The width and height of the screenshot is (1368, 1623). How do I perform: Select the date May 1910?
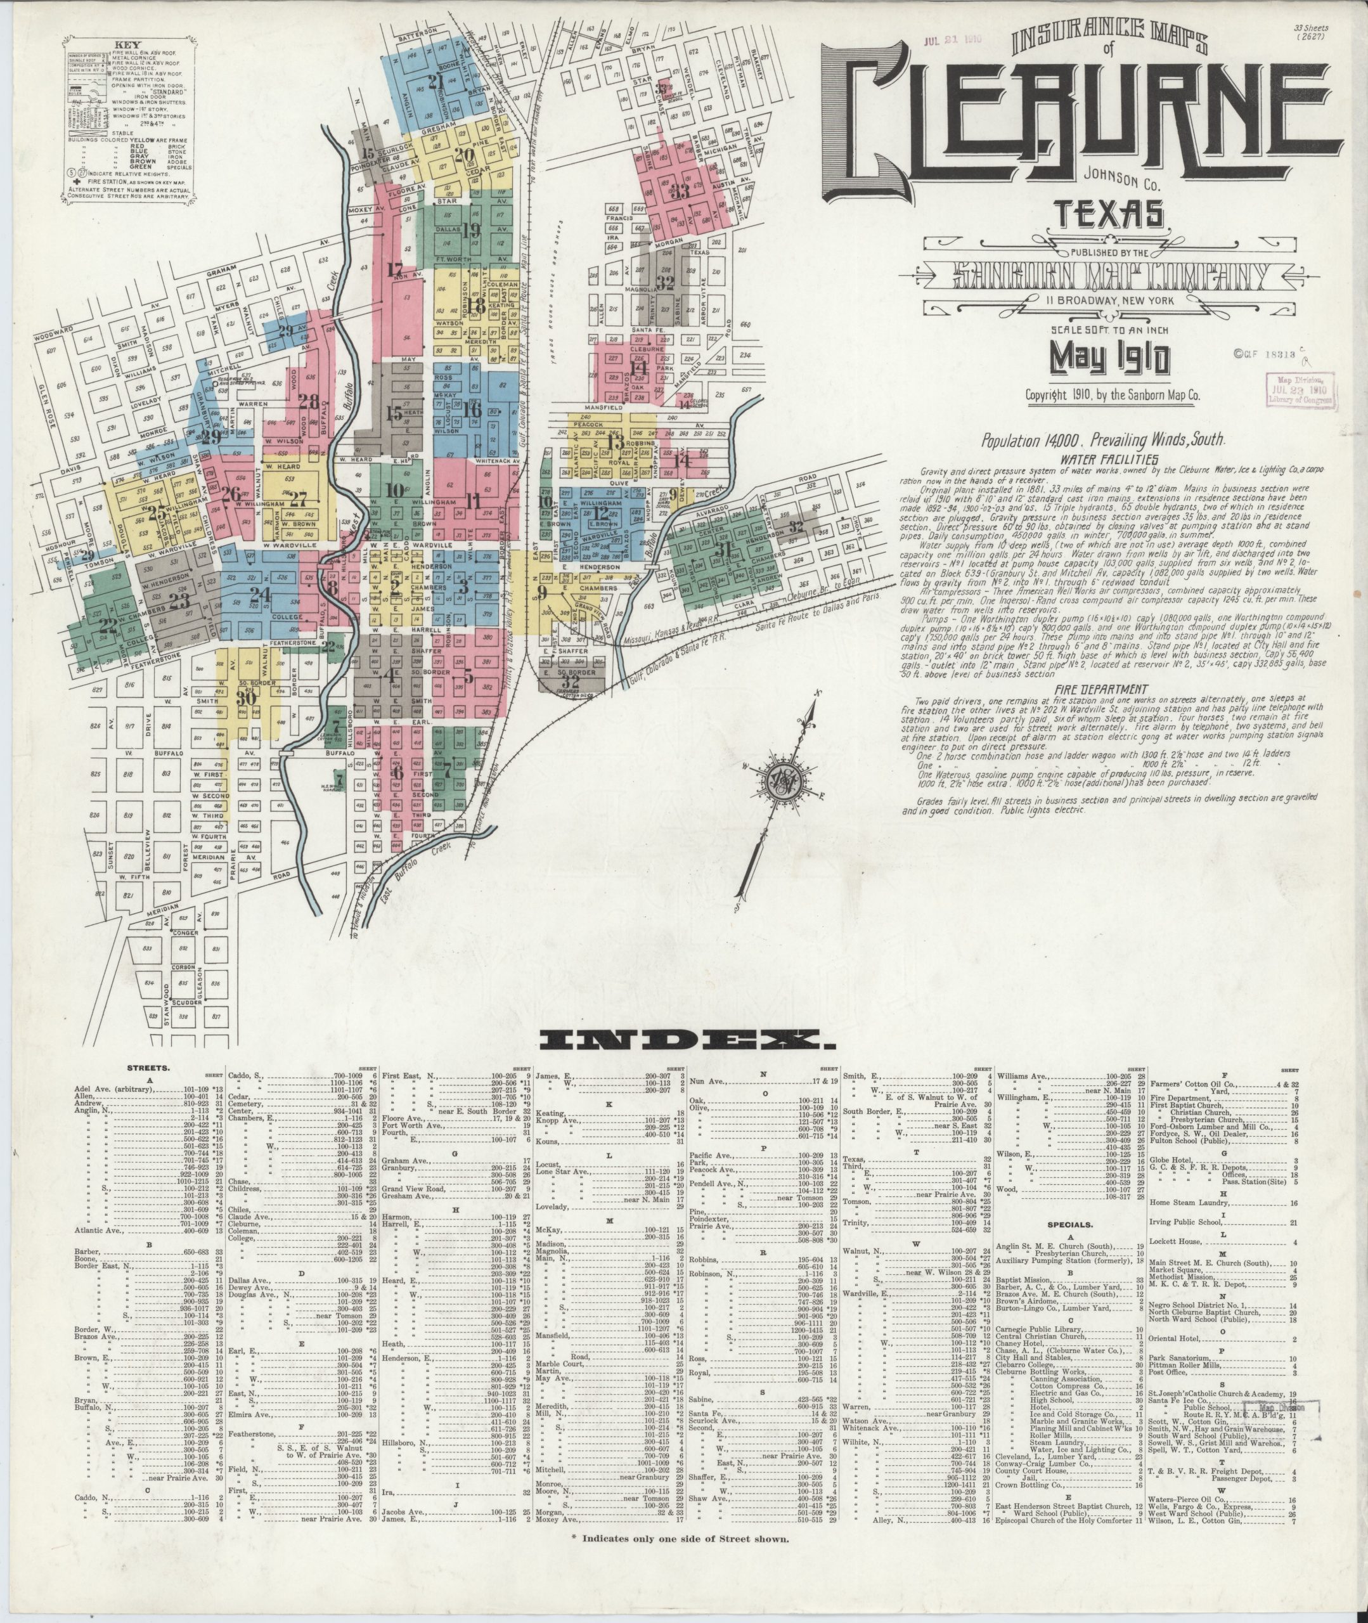tap(1110, 358)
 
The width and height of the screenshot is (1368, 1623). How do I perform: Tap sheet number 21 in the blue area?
tap(435, 83)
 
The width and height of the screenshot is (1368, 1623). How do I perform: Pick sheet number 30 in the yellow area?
tap(247, 697)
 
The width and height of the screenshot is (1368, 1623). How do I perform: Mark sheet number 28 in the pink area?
tap(309, 403)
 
